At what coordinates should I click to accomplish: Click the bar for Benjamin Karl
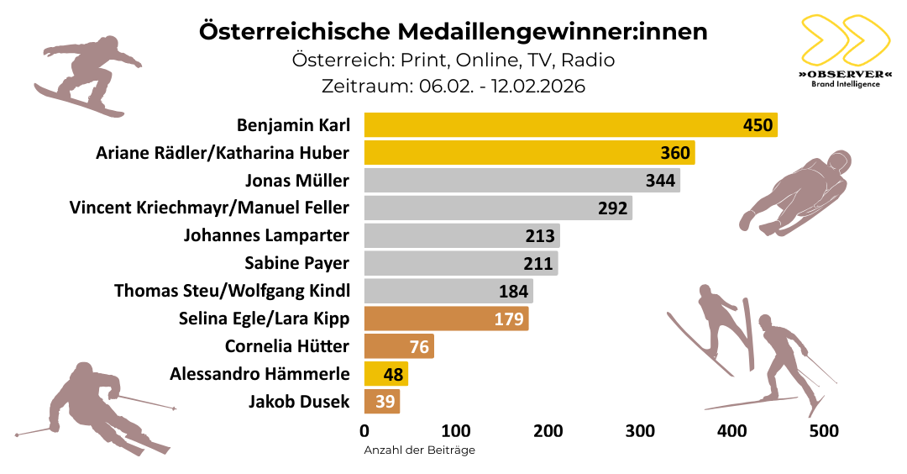click(x=570, y=125)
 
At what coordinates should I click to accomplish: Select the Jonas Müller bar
click(x=522, y=180)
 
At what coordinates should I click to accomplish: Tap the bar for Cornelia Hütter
click(x=398, y=346)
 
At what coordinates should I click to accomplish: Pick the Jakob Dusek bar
click(x=381, y=401)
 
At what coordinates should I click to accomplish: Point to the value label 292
click(x=612, y=208)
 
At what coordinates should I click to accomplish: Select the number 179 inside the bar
click(x=508, y=319)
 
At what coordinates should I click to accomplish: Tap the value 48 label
click(x=393, y=374)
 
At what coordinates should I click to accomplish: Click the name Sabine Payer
click(x=296, y=263)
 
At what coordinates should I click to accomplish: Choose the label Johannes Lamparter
click(x=266, y=235)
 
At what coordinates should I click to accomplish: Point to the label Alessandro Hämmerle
click(x=260, y=374)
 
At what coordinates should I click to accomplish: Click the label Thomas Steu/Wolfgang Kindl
click(x=232, y=291)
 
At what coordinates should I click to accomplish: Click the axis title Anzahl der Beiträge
click(x=419, y=450)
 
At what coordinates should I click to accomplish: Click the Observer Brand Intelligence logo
click(x=845, y=50)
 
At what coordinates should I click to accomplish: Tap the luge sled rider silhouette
click(x=798, y=192)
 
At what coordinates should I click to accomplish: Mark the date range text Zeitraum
click(x=453, y=86)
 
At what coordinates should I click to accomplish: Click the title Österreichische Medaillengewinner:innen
click(x=453, y=32)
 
